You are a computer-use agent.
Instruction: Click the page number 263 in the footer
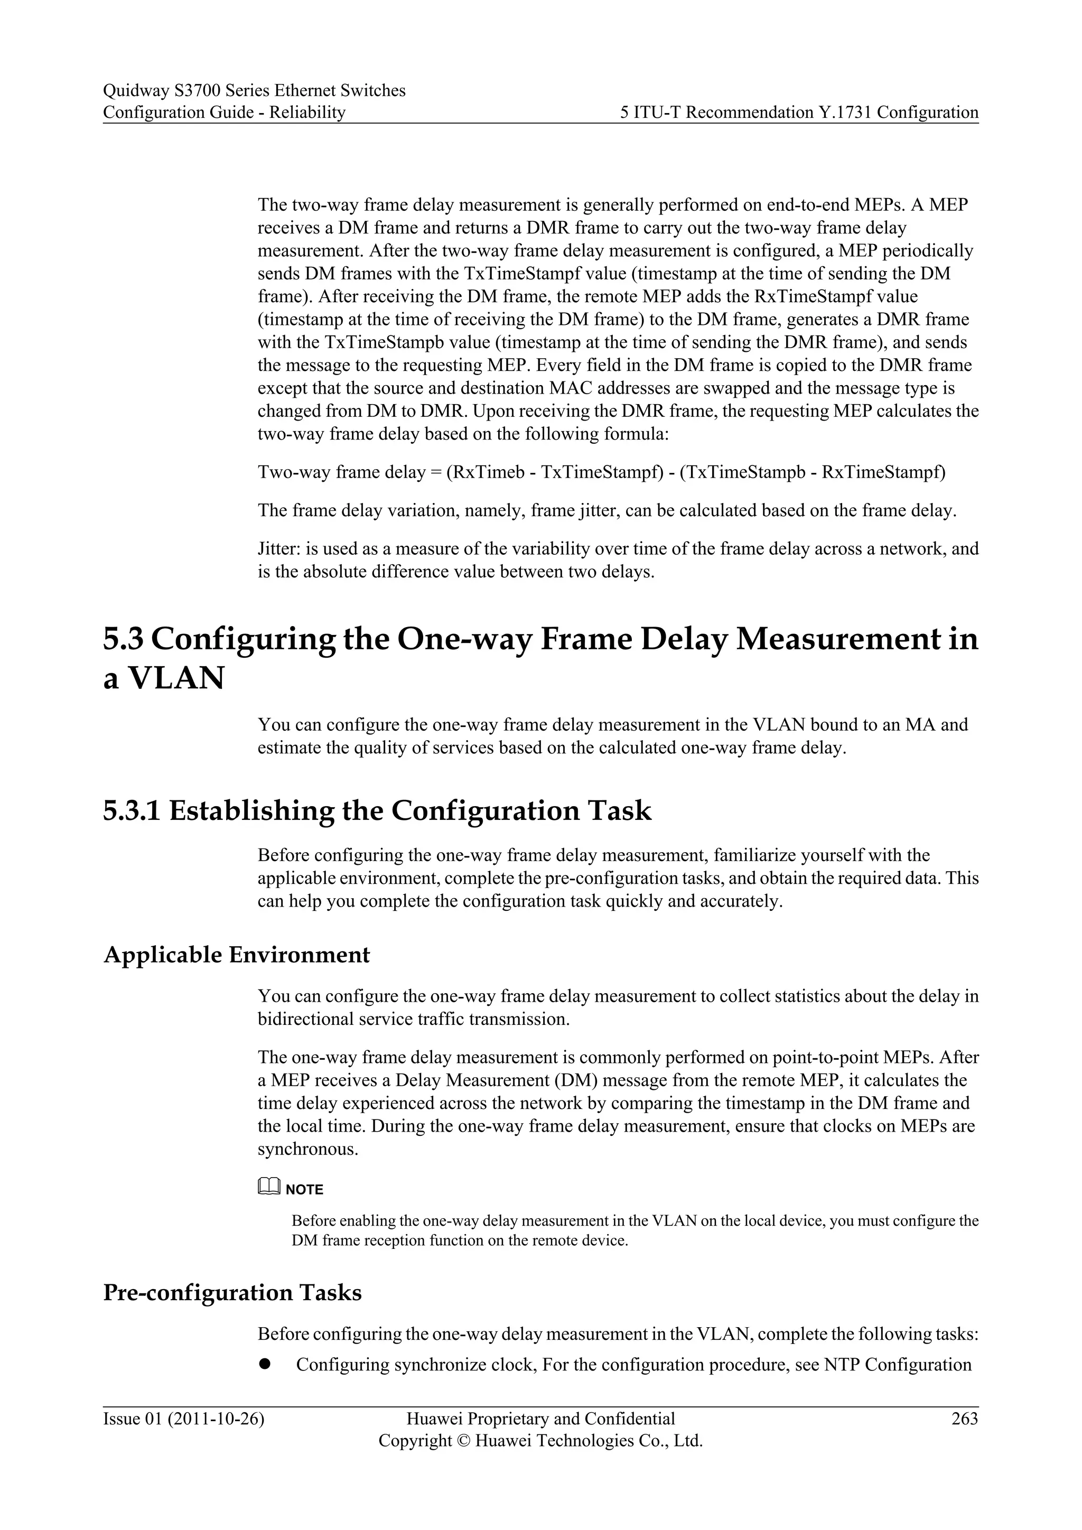(x=964, y=1419)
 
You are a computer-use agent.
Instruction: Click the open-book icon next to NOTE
(x=268, y=1187)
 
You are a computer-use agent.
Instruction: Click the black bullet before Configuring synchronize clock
(x=265, y=1364)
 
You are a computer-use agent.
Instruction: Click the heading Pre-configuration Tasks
(x=232, y=1292)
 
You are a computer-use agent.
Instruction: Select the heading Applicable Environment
(x=237, y=954)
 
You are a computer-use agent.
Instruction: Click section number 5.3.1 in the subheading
(x=130, y=810)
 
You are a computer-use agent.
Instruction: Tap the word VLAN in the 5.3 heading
(x=175, y=678)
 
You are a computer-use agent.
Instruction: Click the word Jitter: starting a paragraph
(x=278, y=549)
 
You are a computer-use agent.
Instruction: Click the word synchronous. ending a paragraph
(x=308, y=1150)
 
